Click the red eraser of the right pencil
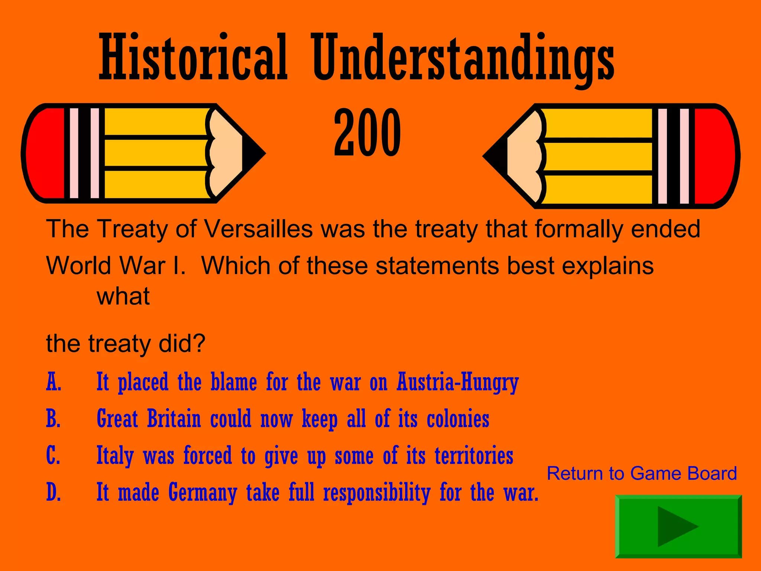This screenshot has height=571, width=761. (x=716, y=156)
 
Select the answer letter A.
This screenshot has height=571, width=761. (x=54, y=382)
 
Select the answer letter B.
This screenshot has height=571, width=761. (x=54, y=419)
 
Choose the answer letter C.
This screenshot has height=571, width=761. (x=54, y=456)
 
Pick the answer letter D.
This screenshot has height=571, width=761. (x=54, y=492)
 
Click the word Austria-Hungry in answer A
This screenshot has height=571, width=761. (x=457, y=382)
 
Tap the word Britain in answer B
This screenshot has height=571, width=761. (x=174, y=419)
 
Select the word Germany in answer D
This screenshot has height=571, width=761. (x=203, y=493)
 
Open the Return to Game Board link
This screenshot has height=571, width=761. (x=642, y=474)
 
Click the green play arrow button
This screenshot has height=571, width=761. (x=678, y=526)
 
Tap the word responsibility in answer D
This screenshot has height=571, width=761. (x=377, y=493)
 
